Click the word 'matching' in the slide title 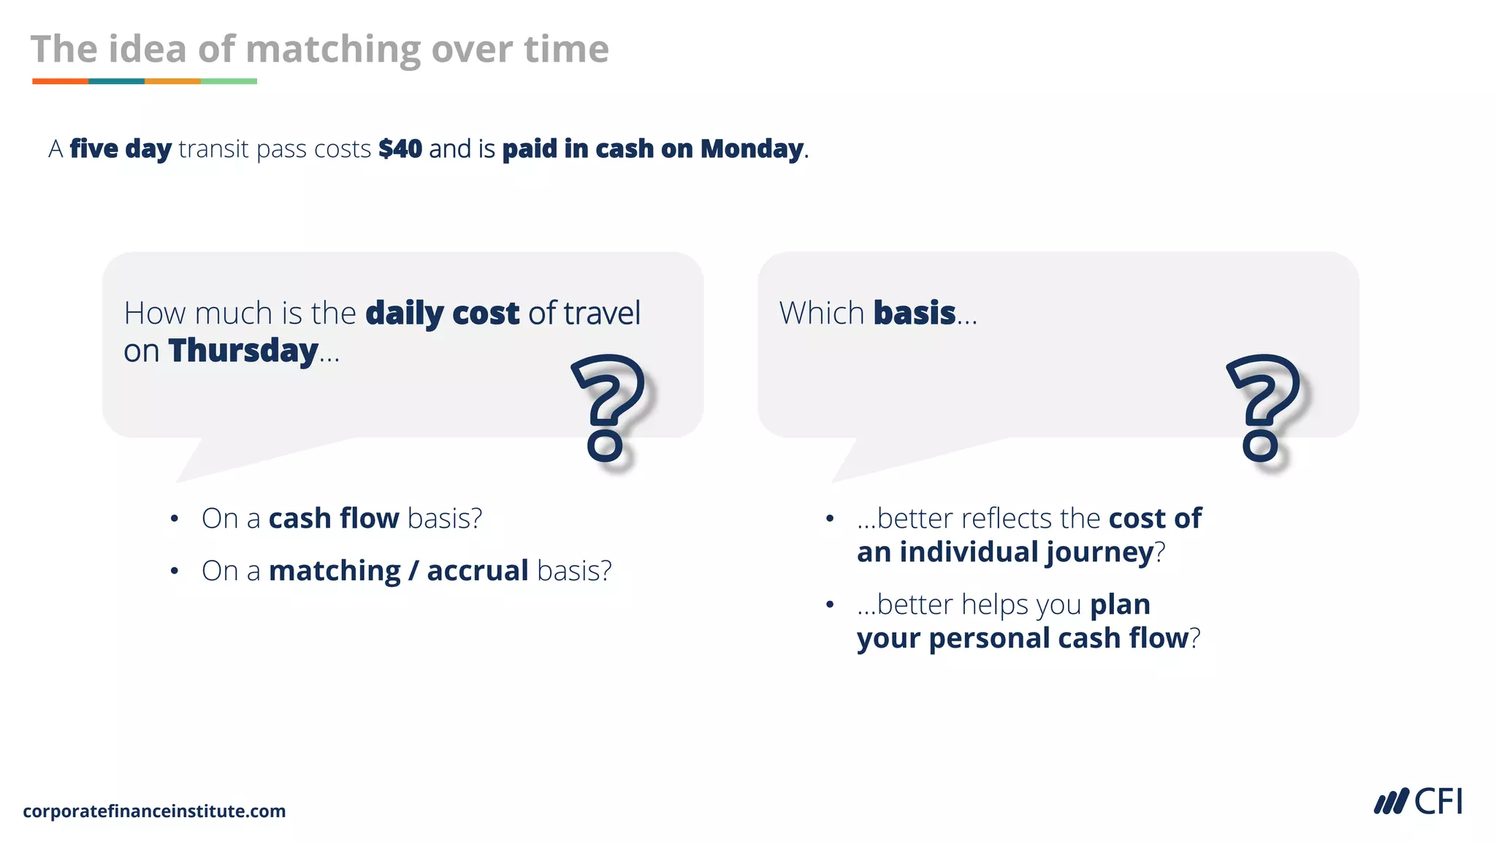click(x=332, y=50)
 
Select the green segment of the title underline click(x=229, y=81)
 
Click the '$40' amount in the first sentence click(x=400, y=149)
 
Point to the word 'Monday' click(x=752, y=149)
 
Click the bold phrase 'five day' click(x=121, y=149)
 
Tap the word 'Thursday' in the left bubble click(x=243, y=351)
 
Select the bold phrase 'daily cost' click(x=442, y=313)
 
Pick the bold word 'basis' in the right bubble click(x=915, y=313)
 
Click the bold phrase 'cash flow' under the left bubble click(x=334, y=518)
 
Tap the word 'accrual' click(x=478, y=571)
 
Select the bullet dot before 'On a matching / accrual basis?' click(x=175, y=571)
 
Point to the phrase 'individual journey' click(x=1026, y=552)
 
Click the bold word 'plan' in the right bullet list click(x=1120, y=604)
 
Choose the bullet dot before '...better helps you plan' click(x=830, y=604)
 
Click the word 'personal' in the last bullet click(x=990, y=638)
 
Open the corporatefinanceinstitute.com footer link click(x=154, y=811)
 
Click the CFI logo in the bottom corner click(x=1418, y=802)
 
